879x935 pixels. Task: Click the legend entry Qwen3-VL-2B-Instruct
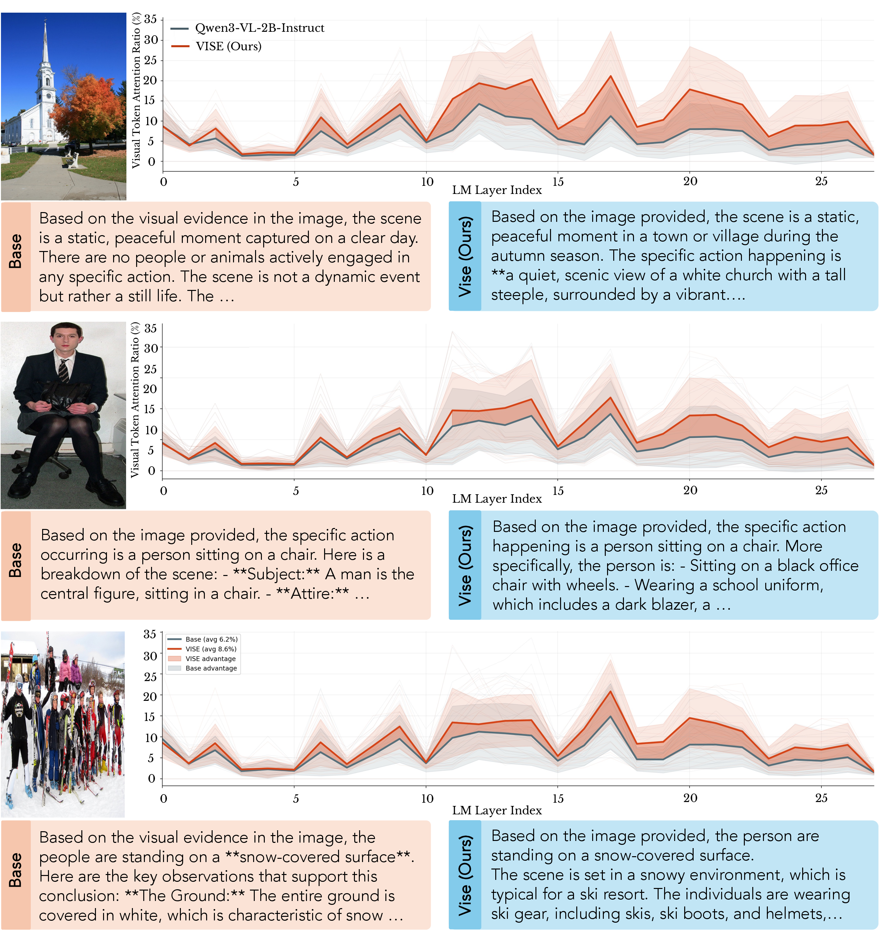coord(247,28)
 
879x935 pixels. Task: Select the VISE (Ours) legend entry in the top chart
coord(216,46)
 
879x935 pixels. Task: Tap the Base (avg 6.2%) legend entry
coord(203,639)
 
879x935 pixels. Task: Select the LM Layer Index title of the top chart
coord(497,190)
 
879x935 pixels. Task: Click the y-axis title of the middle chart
coord(135,400)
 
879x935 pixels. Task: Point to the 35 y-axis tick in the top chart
coord(150,19)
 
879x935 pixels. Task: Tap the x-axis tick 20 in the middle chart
coord(690,490)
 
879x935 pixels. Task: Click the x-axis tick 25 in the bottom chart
coord(821,798)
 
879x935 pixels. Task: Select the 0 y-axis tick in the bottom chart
coord(151,778)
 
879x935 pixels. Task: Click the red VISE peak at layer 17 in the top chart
coord(611,76)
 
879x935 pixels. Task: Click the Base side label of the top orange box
coord(16,251)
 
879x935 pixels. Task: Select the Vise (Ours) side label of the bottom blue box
coord(465,875)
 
